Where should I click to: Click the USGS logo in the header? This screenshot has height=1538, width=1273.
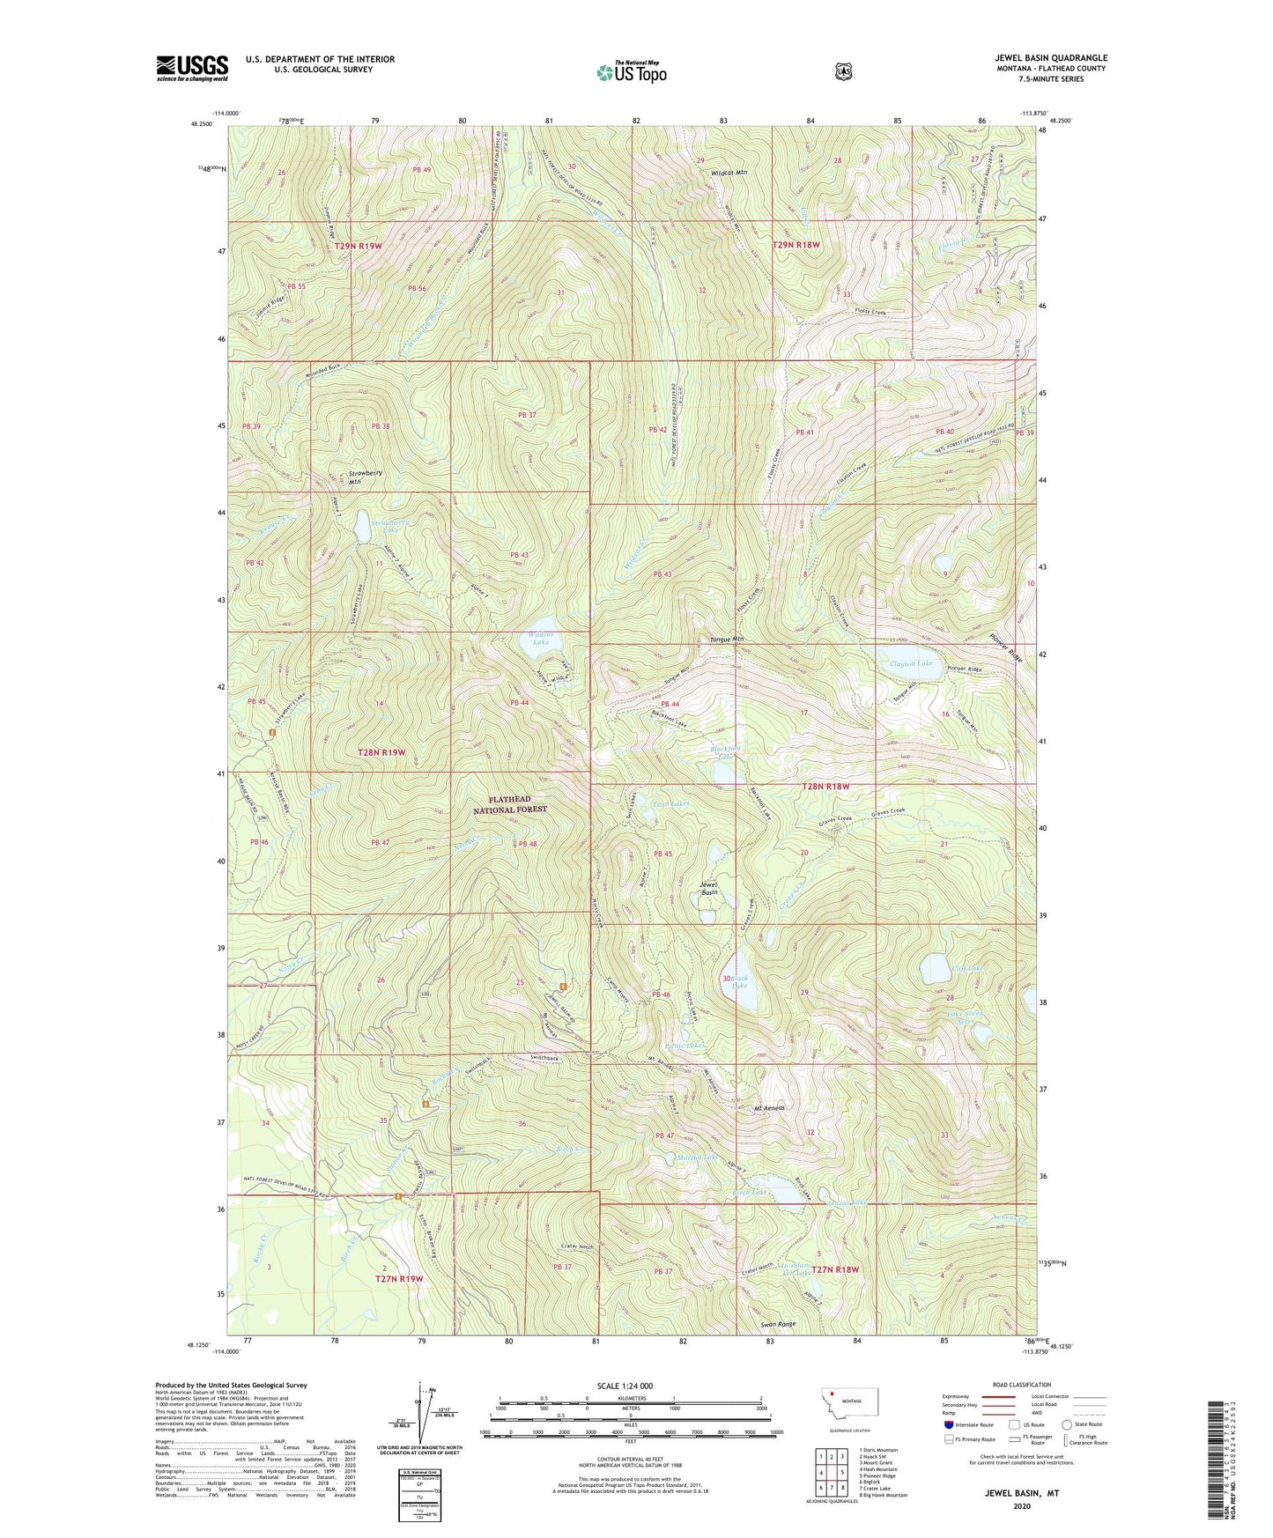(x=192, y=67)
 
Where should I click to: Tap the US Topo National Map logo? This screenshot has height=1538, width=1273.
(x=632, y=72)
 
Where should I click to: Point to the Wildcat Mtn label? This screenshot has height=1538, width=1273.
(x=729, y=173)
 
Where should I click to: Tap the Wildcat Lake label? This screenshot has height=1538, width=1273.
(x=539, y=638)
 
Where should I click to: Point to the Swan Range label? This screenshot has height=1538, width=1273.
(x=774, y=1324)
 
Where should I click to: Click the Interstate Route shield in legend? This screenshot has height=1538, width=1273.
(x=948, y=1424)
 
